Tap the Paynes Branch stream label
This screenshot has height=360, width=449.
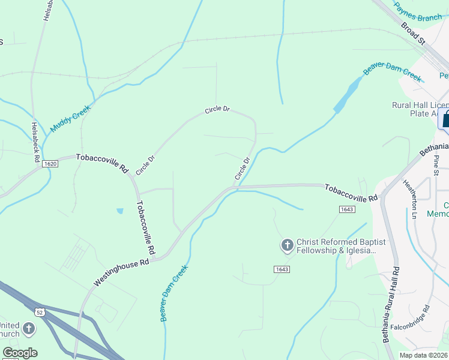[x=418, y=12]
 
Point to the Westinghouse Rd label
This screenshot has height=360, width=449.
[x=120, y=273]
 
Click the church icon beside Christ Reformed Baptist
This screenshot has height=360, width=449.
[x=287, y=245]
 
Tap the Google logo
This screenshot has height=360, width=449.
[x=20, y=353]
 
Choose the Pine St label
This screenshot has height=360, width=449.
[x=437, y=166]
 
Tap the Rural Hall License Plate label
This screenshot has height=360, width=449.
[x=418, y=109]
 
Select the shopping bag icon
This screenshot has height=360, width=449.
[x=445, y=119]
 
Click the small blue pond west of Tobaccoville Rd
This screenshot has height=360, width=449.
[x=120, y=211]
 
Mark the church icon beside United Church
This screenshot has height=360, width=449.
[x=28, y=329]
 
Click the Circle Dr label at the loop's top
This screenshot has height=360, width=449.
[x=217, y=110]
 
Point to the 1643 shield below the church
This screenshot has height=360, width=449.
[x=282, y=269]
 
